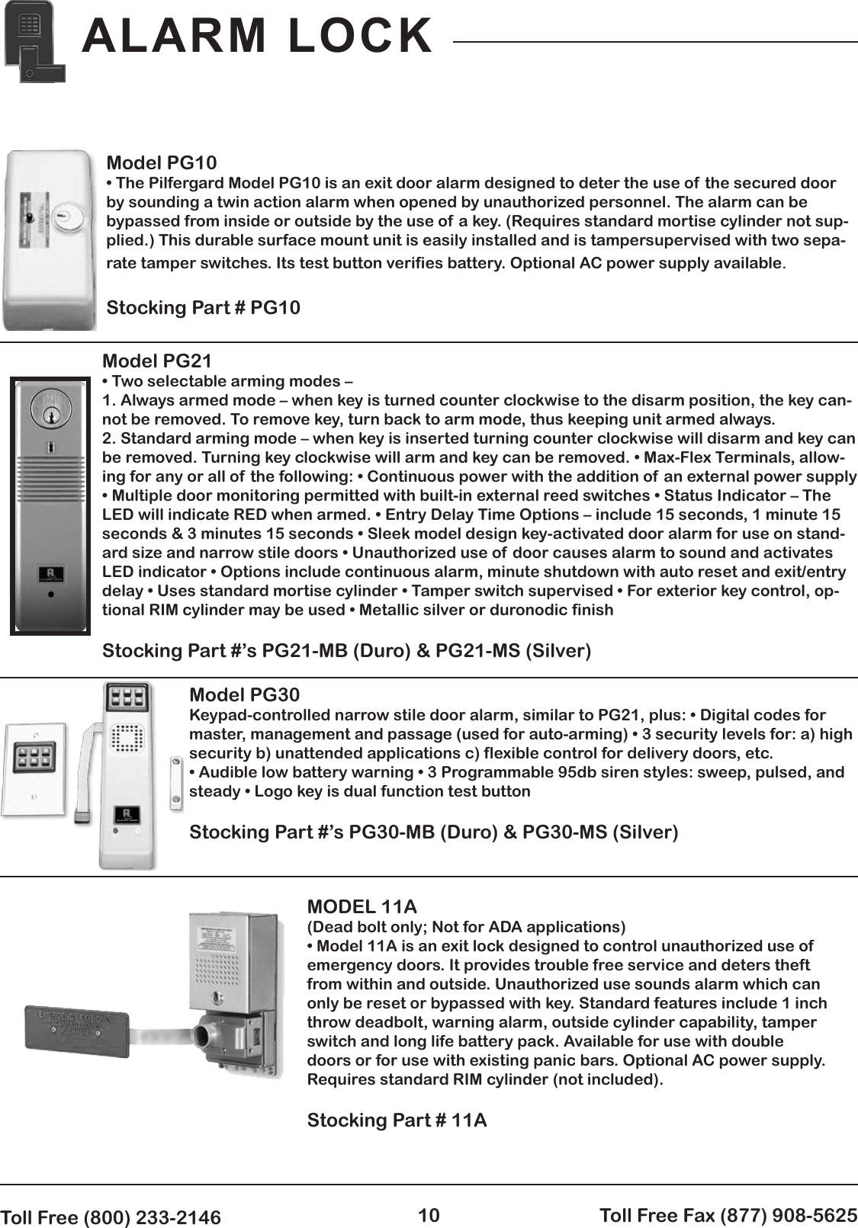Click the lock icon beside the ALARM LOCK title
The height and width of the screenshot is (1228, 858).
pos(34,41)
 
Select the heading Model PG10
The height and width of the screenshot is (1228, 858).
pos(161,162)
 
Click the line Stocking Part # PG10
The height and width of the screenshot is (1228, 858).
pos(203,307)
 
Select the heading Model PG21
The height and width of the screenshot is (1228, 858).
pos(156,361)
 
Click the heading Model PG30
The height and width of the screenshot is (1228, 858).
pos(244,694)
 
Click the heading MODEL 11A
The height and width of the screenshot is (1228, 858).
pos(362,906)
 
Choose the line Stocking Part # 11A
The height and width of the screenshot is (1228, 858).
pos(397,1120)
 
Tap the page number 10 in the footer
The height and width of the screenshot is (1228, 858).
pos(429,1215)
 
